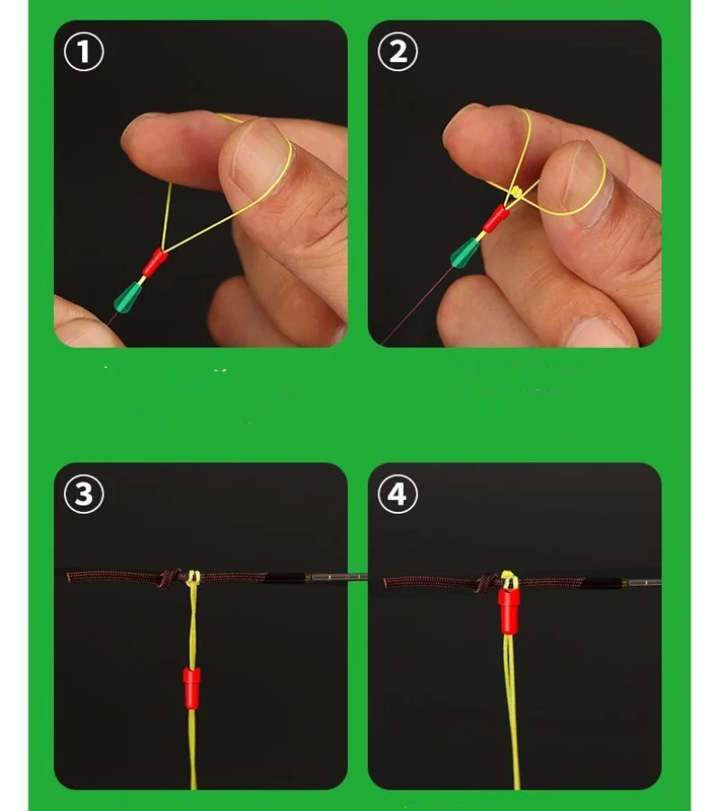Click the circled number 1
click(x=84, y=51)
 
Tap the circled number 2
click(x=397, y=51)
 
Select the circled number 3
click(x=84, y=494)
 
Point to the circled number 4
click(x=397, y=494)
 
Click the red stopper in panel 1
click(x=154, y=263)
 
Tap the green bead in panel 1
click(x=128, y=297)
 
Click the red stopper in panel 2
click(x=496, y=218)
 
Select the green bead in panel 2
click(x=465, y=253)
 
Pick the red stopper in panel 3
click(x=192, y=688)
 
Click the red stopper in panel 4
click(x=509, y=611)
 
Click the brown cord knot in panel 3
click(x=170, y=578)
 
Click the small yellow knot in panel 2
click(x=516, y=193)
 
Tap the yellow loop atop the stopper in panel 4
click(x=509, y=579)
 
